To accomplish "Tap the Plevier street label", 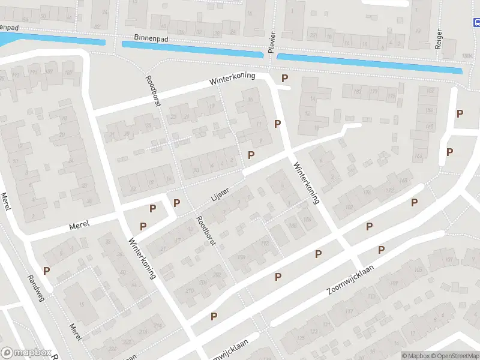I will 271,41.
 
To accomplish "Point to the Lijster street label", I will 220,193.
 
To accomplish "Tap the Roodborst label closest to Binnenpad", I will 154,92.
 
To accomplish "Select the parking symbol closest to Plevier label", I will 284,79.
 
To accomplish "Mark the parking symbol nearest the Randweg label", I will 46,271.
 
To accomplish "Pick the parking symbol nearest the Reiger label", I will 460,113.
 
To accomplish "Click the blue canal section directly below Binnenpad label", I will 192,50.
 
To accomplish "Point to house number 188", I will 293,226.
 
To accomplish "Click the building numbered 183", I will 358,91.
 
